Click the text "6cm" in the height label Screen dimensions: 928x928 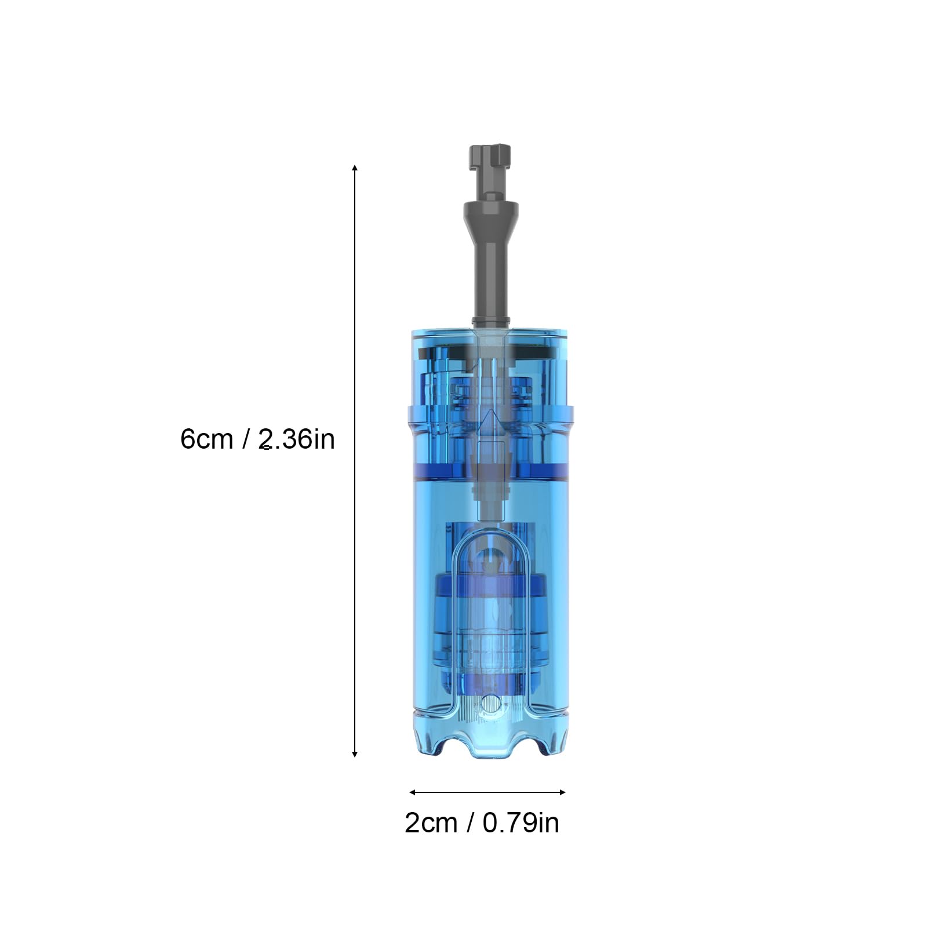[206, 439]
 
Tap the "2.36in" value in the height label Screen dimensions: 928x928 [297, 439]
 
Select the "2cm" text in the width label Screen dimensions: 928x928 [431, 823]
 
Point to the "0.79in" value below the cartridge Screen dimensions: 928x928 [521, 823]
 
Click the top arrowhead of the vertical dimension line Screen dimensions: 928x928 [355, 168]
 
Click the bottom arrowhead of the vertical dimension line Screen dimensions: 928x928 [355, 754]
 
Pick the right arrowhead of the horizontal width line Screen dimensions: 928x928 [562, 792]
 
